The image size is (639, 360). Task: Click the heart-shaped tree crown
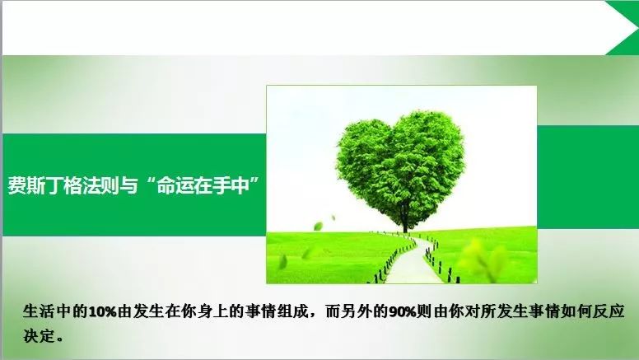[400, 163]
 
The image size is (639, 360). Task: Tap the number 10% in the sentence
[103, 312]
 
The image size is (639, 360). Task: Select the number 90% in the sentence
[403, 312]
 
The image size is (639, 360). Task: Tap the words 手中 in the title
[231, 185]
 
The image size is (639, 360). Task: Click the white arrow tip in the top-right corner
[633, 27]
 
